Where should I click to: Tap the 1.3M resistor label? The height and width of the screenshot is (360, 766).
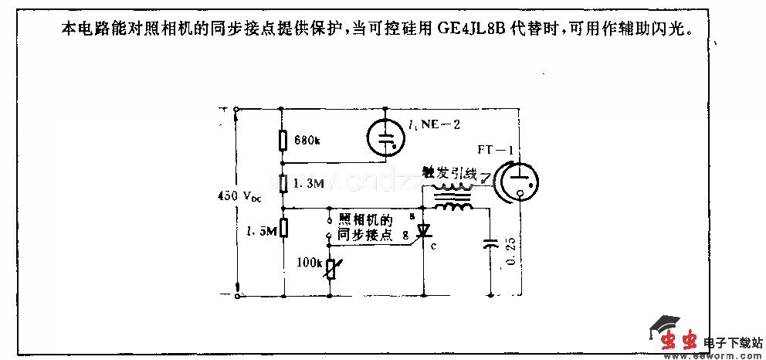pyautogui.click(x=309, y=185)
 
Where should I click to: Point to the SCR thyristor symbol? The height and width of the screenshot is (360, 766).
pyautogui.click(x=423, y=230)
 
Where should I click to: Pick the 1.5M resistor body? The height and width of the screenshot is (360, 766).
pyautogui.click(x=283, y=228)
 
